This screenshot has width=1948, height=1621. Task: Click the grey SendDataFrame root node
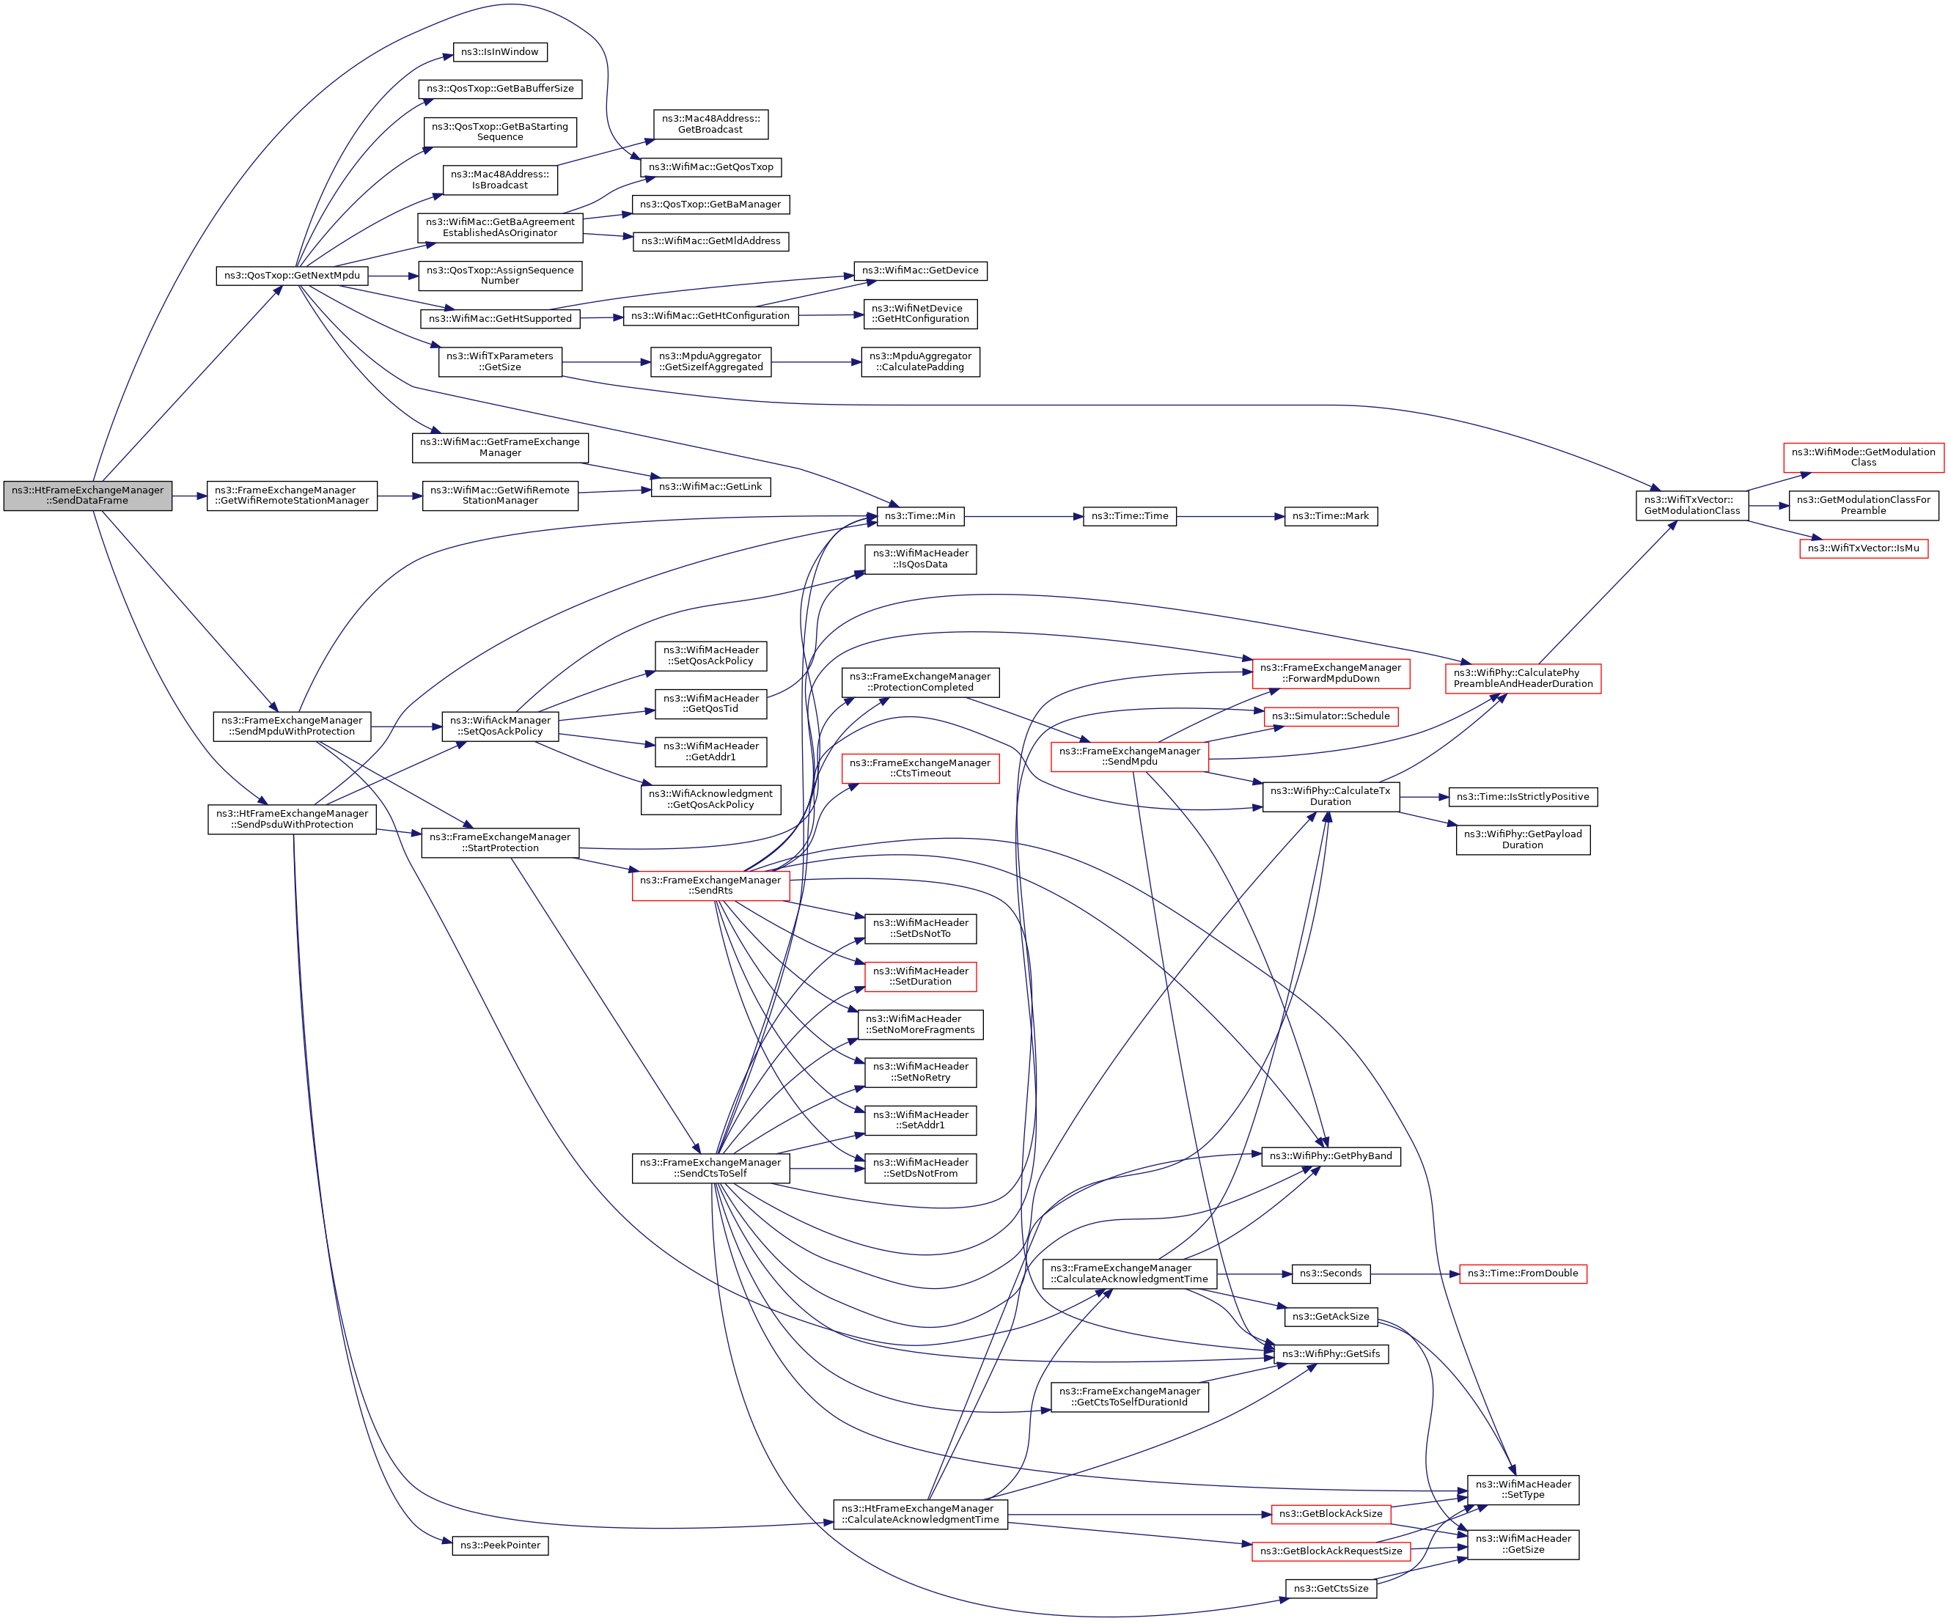point(87,496)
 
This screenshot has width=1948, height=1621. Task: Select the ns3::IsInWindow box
point(500,52)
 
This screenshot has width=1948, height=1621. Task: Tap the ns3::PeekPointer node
point(500,1545)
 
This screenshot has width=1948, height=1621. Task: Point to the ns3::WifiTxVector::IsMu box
point(1863,548)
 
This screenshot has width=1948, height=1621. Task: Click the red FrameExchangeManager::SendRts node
point(710,885)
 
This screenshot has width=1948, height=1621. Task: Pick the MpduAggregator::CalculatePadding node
point(920,362)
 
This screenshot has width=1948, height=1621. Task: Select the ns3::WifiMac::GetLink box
point(710,486)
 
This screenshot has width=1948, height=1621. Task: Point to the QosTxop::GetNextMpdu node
point(293,276)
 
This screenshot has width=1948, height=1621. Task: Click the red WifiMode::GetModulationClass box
point(1863,457)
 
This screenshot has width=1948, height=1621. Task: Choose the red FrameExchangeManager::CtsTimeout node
point(920,768)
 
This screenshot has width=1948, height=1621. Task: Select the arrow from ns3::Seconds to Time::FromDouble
point(1414,1274)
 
